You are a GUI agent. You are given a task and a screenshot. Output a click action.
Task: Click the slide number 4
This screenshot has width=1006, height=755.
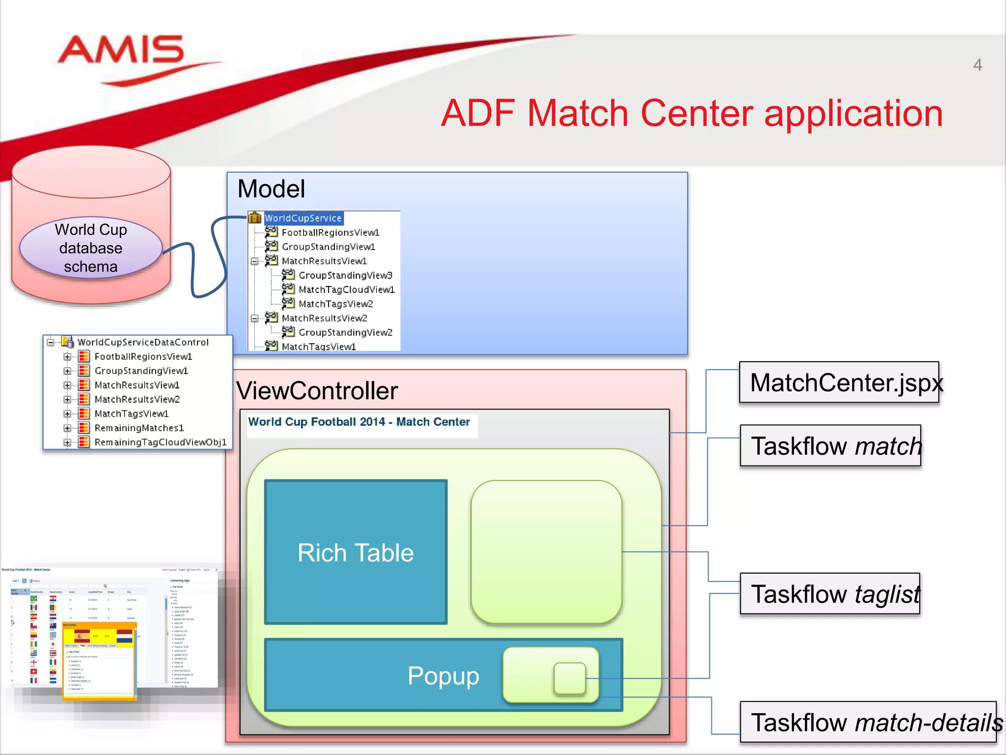[x=978, y=65]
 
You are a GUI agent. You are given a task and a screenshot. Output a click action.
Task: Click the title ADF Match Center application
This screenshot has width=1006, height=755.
[x=692, y=113]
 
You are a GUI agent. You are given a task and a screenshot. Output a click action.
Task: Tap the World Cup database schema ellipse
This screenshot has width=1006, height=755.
[x=91, y=248]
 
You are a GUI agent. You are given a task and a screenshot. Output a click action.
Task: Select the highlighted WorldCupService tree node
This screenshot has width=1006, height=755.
[x=303, y=218]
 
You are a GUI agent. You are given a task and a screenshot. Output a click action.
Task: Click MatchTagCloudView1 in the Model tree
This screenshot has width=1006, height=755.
[x=346, y=290]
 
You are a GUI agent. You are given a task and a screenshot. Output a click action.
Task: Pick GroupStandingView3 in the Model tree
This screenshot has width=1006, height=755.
[x=345, y=275]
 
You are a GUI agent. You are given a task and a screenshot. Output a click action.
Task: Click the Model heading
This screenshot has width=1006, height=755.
[x=271, y=189]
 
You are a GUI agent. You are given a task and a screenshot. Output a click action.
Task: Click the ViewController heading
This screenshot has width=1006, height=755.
[x=317, y=391]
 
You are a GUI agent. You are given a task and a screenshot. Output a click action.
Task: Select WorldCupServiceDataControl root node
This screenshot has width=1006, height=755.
[x=142, y=342]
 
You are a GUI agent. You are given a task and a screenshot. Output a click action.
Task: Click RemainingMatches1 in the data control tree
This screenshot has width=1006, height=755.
[x=139, y=428]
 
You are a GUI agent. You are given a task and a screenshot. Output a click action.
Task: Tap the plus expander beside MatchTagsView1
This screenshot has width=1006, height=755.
[x=67, y=414]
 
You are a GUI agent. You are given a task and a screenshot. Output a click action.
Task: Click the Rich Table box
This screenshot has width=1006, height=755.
[x=356, y=552]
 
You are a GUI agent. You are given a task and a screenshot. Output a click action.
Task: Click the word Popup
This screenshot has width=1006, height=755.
[x=443, y=675]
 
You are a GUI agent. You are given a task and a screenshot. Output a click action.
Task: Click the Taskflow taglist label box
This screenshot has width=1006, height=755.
[x=830, y=594]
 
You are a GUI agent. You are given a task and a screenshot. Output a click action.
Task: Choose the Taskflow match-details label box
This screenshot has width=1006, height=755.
[x=867, y=722]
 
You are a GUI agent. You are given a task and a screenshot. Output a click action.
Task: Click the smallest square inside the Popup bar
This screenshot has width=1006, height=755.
[x=569, y=678]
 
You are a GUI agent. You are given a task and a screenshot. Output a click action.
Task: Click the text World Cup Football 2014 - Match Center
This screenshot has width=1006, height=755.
[x=359, y=422]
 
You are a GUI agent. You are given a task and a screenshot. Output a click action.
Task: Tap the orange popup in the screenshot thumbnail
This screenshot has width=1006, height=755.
[x=99, y=660]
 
